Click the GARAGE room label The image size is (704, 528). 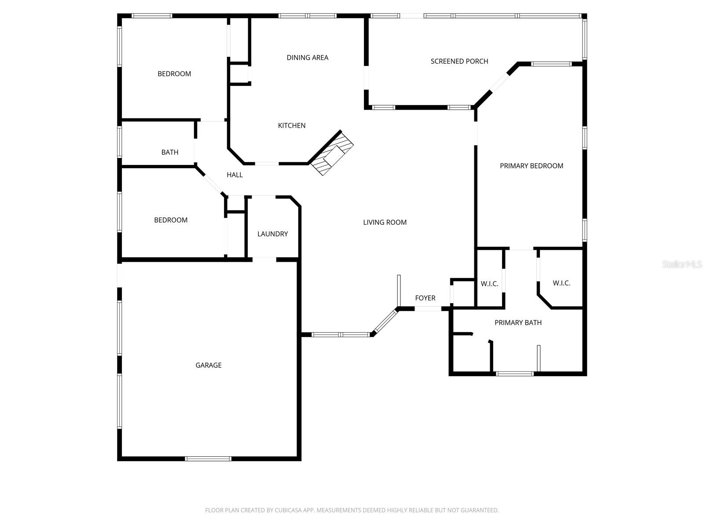209,365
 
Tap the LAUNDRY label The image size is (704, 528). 272,234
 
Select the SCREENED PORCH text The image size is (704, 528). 459,62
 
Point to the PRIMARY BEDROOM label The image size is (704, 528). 531,166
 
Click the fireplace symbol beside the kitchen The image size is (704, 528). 333,154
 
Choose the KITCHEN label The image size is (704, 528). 291,126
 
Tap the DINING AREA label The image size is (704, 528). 307,58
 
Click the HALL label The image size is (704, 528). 235,175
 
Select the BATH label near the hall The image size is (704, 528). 169,153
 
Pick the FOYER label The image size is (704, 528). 425,298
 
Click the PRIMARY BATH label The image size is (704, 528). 518,323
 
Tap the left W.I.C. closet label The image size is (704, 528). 489,284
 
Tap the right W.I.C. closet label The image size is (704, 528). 561,283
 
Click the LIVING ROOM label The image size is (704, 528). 385,223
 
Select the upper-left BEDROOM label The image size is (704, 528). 174,74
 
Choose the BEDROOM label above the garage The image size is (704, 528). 171,220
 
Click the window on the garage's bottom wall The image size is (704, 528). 208,459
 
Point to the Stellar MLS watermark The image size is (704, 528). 682,264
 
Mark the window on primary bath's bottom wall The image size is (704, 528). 515,374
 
